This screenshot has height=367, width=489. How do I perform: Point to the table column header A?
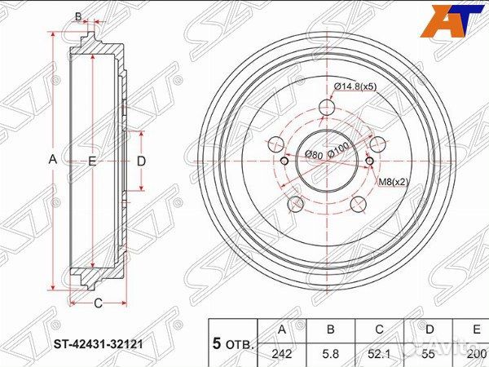[283, 329]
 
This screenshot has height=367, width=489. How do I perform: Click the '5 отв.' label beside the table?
[233, 343]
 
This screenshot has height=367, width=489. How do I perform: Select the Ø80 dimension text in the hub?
[314, 154]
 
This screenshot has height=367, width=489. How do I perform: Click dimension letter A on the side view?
[53, 161]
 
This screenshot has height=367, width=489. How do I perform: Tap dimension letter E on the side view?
[92, 161]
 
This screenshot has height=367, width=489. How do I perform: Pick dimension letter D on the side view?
[141, 161]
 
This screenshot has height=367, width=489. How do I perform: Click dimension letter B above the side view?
[78, 15]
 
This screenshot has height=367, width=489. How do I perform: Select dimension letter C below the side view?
[96, 305]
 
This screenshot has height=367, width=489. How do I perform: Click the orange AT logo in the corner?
[451, 20]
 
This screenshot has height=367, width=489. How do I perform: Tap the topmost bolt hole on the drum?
[327, 107]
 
